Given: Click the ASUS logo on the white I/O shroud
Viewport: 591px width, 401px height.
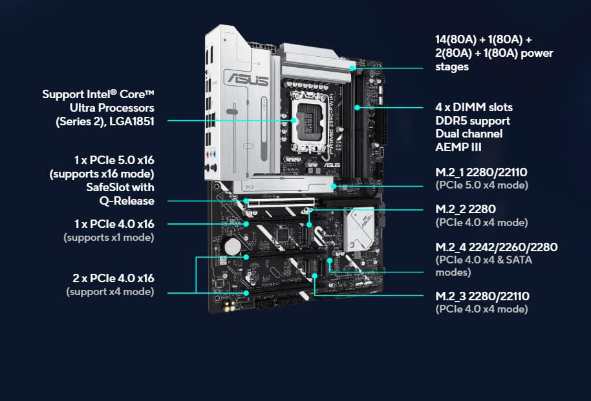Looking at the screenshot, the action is click(247, 79).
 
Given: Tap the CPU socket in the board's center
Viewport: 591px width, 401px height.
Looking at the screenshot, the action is click(308, 121).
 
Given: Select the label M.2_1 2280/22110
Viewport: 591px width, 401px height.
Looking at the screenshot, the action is click(481, 172).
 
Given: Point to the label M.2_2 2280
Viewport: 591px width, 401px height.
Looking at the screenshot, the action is click(466, 209).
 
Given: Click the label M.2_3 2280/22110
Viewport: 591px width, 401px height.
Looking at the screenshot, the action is click(482, 296).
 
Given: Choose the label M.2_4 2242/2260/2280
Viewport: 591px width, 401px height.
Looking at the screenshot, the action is click(497, 247).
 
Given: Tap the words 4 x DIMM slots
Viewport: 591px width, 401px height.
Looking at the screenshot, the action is click(474, 107).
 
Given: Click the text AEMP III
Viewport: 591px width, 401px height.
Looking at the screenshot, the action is click(458, 147).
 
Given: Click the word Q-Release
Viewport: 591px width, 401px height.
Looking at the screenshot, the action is click(127, 201).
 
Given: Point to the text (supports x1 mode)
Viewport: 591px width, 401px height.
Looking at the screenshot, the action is click(109, 238).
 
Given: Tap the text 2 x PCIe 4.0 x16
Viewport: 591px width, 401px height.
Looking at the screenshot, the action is click(113, 278).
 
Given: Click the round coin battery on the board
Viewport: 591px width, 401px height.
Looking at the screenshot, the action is click(233, 246).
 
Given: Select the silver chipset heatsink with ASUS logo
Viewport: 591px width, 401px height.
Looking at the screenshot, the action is click(358, 229).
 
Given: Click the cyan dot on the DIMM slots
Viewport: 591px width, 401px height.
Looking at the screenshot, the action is click(357, 108).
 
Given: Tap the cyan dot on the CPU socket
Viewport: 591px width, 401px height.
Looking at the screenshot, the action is click(294, 121).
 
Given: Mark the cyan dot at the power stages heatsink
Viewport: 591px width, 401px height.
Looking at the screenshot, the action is click(352, 68).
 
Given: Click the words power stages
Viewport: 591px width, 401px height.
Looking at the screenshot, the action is click(494, 60).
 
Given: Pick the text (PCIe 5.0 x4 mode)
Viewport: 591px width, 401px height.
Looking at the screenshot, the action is click(482, 185).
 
